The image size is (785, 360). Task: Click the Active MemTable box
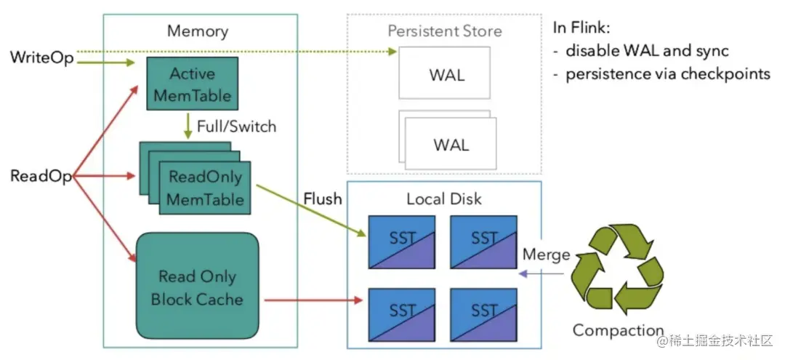[x=192, y=84]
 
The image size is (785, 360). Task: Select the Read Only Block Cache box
[x=197, y=287]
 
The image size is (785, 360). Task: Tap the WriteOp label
[x=42, y=57]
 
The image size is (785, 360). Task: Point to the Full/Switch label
[x=236, y=126]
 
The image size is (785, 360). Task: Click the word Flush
[x=322, y=199]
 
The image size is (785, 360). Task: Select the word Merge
[x=546, y=255]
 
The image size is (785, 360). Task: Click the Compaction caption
[x=618, y=330]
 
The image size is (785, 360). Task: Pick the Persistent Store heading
[x=444, y=31]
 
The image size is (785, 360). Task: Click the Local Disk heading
[x=444, y=199]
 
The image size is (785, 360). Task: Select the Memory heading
[x=197, y=31]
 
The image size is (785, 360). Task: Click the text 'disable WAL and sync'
[x=647, y=52]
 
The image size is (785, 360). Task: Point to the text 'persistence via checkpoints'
[x=667, y=74]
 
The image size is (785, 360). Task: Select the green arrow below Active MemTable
[x=189, y=125]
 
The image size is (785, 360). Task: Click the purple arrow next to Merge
[x=543, y=273]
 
